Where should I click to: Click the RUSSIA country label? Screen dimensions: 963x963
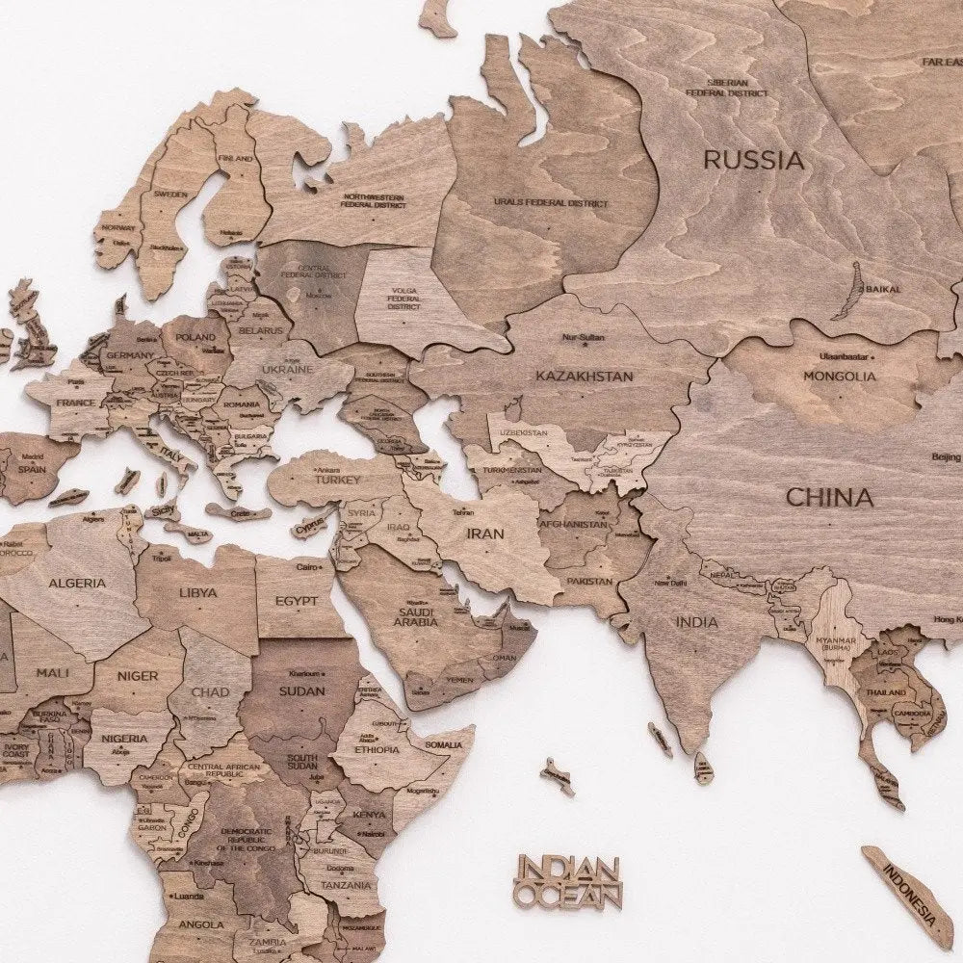tap(753, 160)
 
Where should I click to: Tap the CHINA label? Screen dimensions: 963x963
tap(829, 498)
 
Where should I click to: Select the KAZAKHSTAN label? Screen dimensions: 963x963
tap(585, 376)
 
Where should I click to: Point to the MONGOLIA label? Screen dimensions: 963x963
tap(840, 377)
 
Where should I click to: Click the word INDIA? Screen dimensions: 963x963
tap(696, 622)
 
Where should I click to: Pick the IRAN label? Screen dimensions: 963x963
tap(486, 532)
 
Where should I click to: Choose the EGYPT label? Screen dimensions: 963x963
tap(296, 601)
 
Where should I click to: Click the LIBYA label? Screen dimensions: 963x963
tap(197, 592)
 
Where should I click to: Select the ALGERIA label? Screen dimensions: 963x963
tap(77, 584)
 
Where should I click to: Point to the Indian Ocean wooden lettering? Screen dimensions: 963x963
tap(569, 882)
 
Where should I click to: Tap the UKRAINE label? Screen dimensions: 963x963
tap(286, 370)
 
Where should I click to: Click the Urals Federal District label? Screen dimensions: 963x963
tap(551, 204)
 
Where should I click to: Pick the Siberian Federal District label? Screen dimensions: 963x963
tap(727, 89)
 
